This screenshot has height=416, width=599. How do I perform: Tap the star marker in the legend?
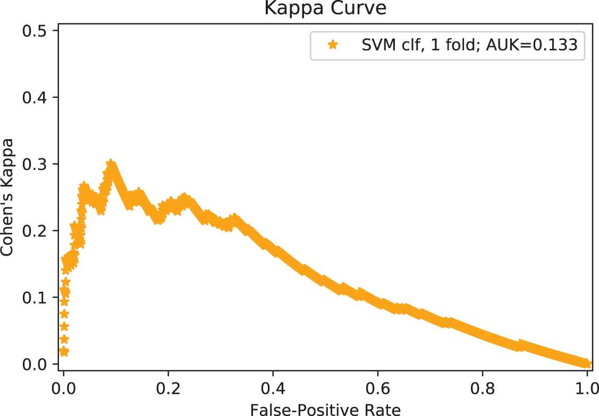pyautogui.click(x=333, y=45)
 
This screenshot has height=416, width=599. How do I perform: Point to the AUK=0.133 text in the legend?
pyautogui.click(x=537, y=45)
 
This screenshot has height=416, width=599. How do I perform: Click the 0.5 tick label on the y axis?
pyautogui.click(x=33, y=31)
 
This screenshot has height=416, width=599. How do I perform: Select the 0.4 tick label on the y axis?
pyautogui.click(x=33, y=98)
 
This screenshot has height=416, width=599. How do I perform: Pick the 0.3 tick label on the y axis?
pyautogui.click(x=33, y=164)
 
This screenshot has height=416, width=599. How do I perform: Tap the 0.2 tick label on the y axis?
pyautogui.click(x=33, y=231)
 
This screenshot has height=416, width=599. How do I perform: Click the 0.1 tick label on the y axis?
pyautogui.click(x=33, y=298)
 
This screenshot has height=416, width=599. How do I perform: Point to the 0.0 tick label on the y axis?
pyautogui.click(x=33, y=364)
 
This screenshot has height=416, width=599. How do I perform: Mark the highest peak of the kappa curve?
pyautogui.click(x=111, y=164)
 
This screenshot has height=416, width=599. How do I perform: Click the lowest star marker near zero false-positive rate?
pyautogui.click(x=64, y=351)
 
